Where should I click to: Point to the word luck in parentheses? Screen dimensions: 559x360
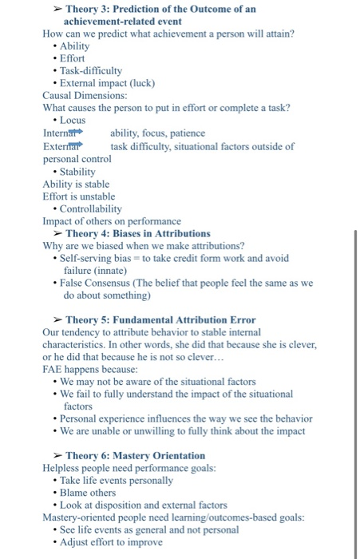[140, 83]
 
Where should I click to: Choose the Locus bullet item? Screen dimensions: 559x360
[73, 120]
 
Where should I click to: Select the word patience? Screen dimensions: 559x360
[187, 133]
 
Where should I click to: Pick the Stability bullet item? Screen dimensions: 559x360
[79, 171]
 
